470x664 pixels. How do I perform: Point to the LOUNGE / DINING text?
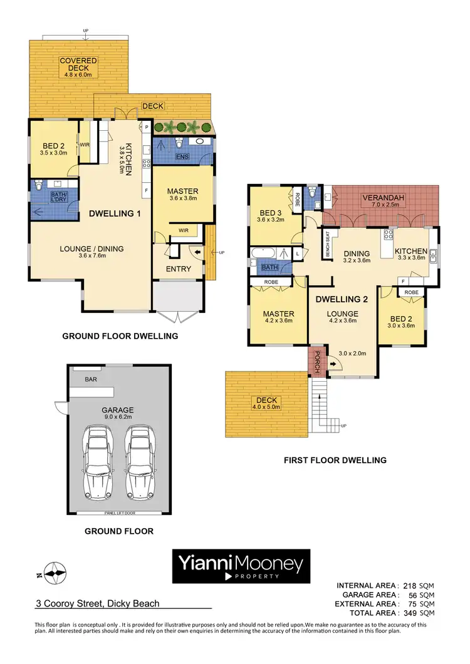91,248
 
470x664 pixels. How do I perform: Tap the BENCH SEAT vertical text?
327,245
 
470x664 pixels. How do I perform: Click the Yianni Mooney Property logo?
241,566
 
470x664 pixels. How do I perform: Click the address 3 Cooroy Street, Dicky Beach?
97,604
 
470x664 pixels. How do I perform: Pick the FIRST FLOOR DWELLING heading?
334,460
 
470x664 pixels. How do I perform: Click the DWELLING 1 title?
115,213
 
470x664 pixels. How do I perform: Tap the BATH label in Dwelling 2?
270,267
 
